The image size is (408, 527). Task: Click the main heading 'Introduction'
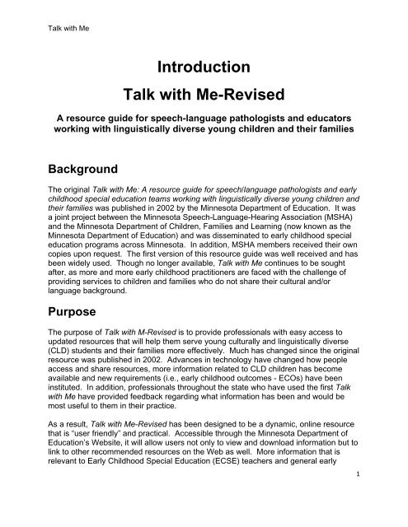pos(204,67)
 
